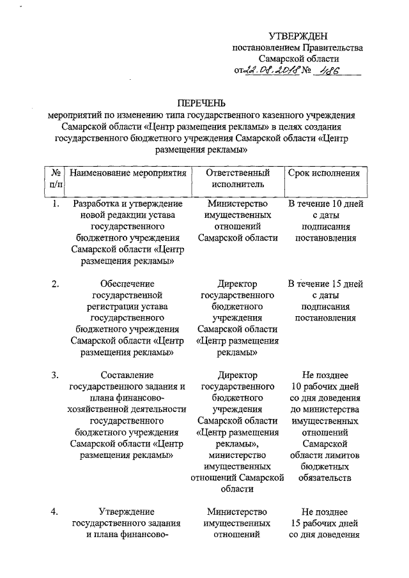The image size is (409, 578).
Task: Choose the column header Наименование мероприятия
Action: click(128, 173)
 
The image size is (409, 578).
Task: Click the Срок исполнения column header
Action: click(324, 173)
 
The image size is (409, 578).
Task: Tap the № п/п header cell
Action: click(55, 179)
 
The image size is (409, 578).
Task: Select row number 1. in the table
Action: click(56, 204)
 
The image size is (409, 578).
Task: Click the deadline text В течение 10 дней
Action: click(326, 204)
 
